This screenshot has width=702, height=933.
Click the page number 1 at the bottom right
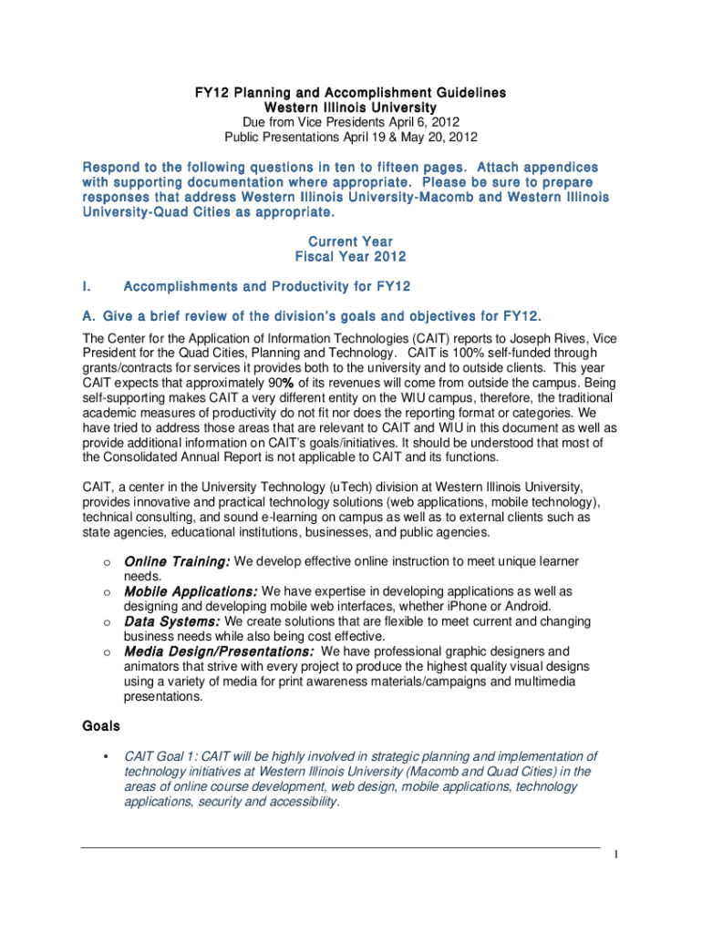pyautogui.click(x=616, y=855)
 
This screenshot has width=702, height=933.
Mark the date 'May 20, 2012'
pyautogui.click(x=438, y=138)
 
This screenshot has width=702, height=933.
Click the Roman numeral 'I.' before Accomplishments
pyautogui.click(x=86, y=287)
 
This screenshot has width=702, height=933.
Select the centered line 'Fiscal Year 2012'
pyautogui.click(x=351, y=257)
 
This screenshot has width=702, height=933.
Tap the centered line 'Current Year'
pyautogui.click(x=351, y=241)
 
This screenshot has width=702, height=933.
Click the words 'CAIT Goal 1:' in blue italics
pyautogui.click(x=161, y=756)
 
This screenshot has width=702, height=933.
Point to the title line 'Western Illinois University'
pyautogui.click(x=351, y=108)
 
